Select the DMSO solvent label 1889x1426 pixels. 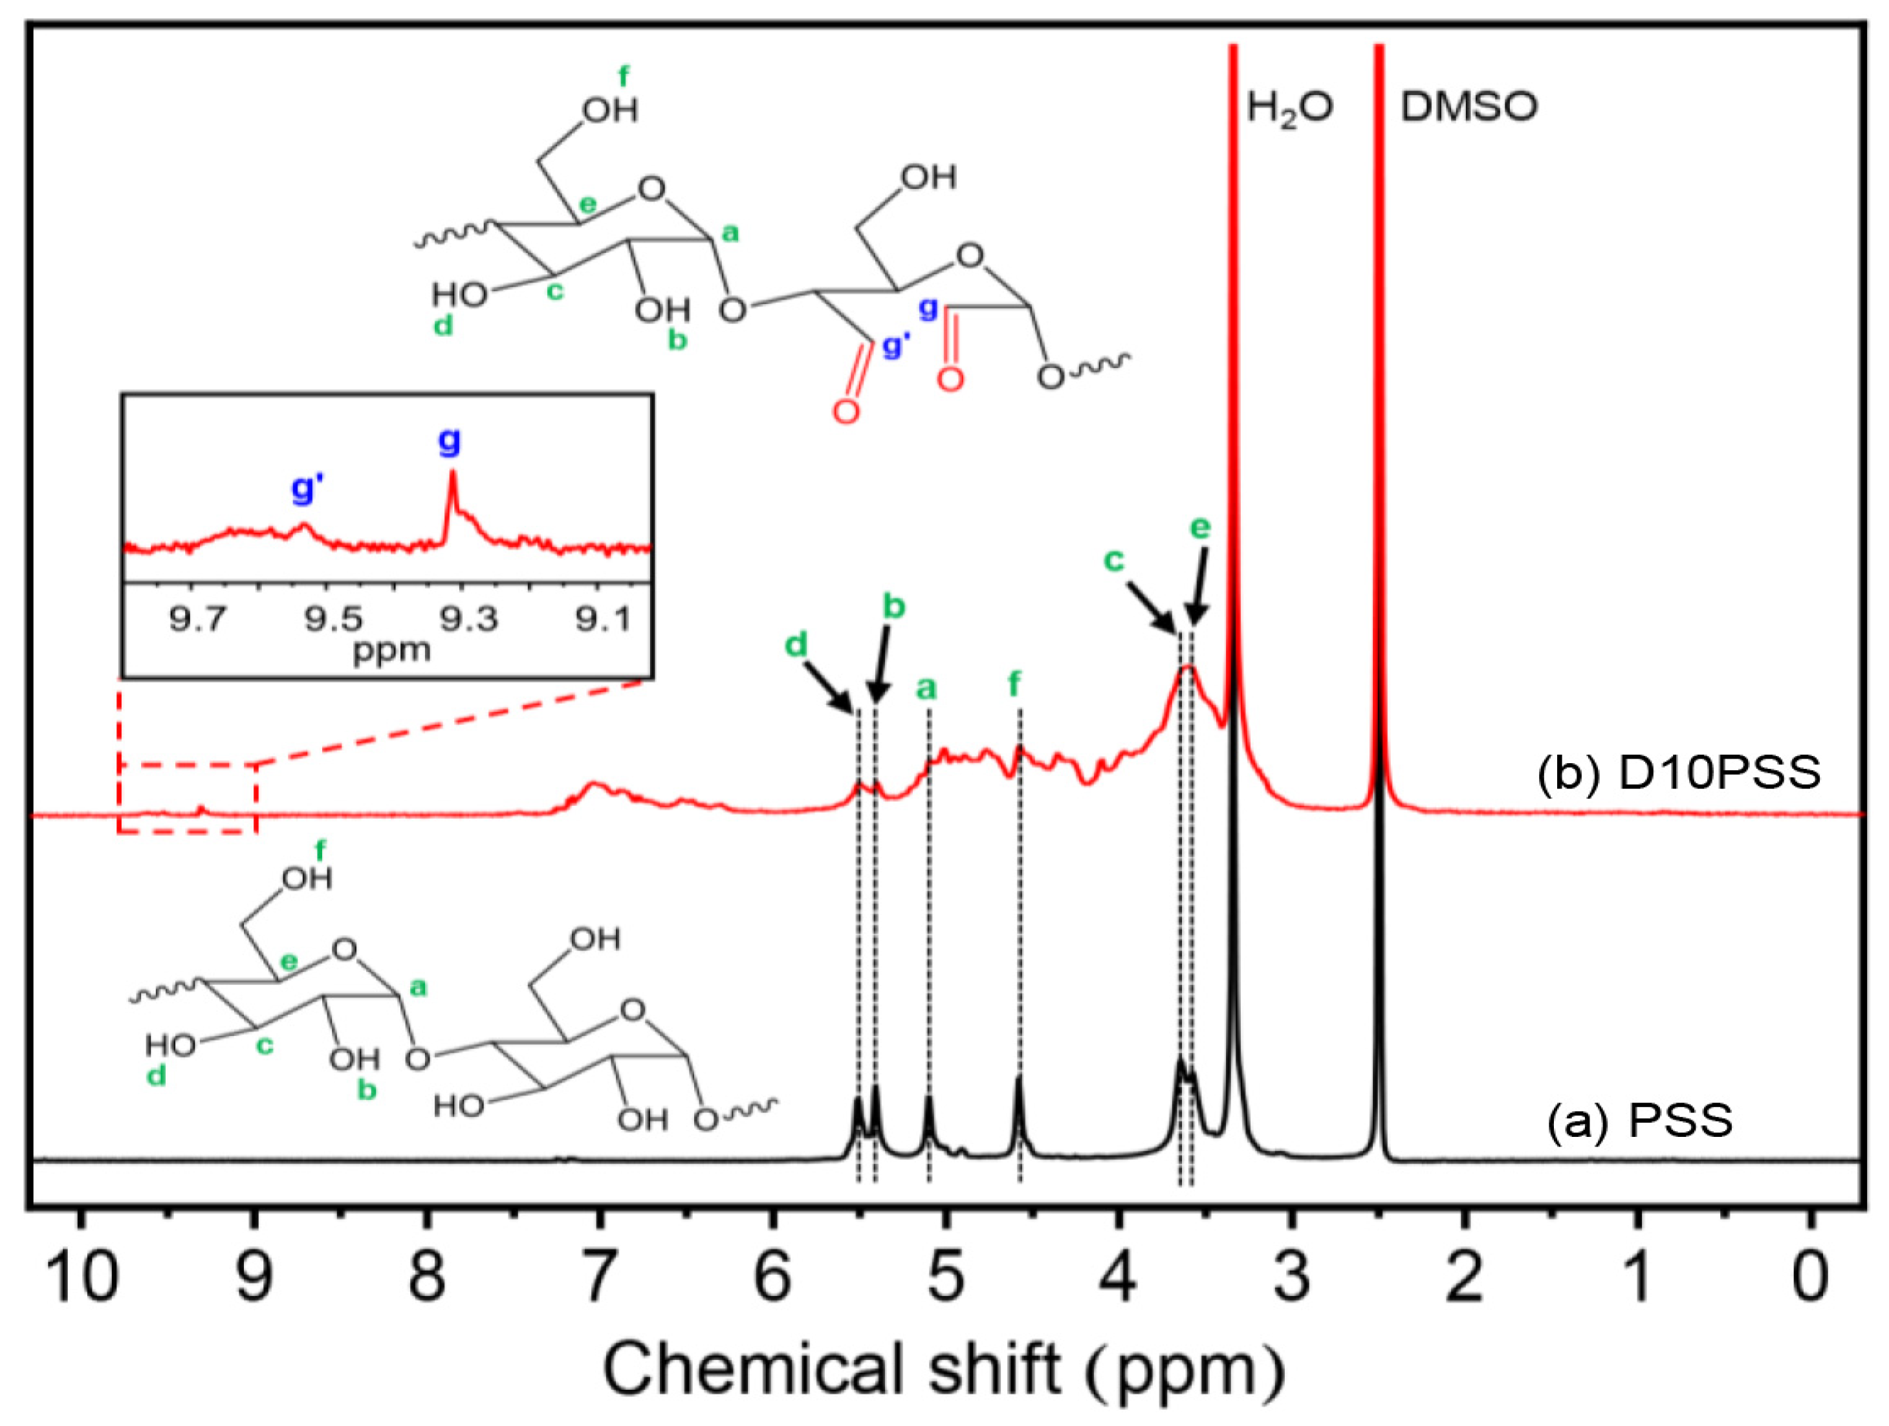1469,107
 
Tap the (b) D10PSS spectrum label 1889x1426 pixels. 1679,773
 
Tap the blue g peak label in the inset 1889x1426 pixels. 449,440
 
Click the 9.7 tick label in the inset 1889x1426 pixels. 197,618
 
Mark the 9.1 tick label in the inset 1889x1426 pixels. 604,618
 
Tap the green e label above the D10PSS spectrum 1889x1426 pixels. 1201,528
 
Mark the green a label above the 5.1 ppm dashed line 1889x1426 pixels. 926,688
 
